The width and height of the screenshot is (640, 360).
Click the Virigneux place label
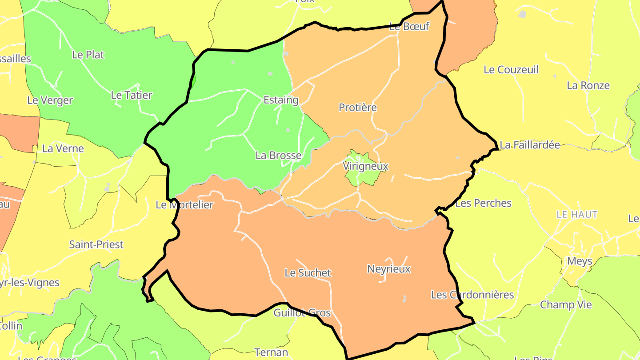click(365, 166)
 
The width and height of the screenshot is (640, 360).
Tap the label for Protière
click(357, 108)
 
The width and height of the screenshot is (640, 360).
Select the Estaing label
click(281, 100)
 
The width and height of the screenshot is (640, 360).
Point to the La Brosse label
click(278, 156)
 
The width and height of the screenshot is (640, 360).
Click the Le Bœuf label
click(409, 26)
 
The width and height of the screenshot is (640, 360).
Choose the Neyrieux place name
click(389, 269)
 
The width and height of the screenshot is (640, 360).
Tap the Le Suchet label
click(308, 273)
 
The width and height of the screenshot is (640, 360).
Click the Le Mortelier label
click(184, 205)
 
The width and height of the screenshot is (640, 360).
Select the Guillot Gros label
click(302, 313)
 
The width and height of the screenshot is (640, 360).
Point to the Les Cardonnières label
click(472, 295)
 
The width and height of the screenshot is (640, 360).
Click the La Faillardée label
click(530, 145)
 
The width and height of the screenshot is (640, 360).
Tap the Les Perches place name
click(484, 203)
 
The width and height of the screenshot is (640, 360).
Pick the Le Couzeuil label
click(511, 70)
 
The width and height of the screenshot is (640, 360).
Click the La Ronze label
click(588, 85)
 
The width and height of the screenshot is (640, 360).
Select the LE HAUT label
click(577, 215)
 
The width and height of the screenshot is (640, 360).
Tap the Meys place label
click(580, 261)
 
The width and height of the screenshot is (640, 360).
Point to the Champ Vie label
click(566, 305)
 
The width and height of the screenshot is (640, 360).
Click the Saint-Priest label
click(96, 244)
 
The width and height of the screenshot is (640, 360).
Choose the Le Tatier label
click(131, 95)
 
